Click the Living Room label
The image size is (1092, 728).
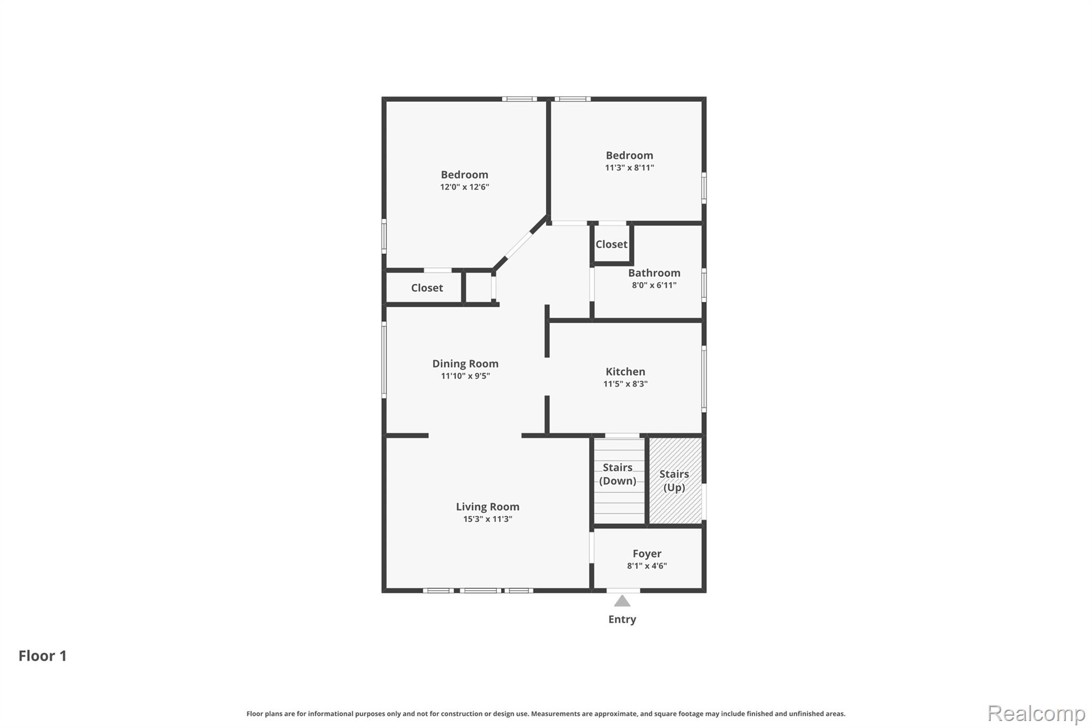pos(487,507)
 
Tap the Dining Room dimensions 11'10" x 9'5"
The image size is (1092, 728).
pos(465,376)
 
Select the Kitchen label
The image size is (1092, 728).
pos(625,371)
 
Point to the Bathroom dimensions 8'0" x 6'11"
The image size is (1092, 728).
pos(654,285)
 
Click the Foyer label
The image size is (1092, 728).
pos(647,554)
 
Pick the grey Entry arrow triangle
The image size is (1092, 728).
pos(622,601)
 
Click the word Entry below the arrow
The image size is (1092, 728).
pos(622,619)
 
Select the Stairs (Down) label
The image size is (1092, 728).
pos(617,474)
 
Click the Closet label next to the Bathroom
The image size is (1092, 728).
pos(611,244)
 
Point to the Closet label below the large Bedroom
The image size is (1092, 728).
pos(427,288)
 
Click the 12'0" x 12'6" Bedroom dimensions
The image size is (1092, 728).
pos(464,187)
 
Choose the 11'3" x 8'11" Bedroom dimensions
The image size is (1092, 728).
pos(629,167)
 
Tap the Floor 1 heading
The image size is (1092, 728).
pos(43,656)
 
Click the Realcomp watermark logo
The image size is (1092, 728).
pos(1036,713)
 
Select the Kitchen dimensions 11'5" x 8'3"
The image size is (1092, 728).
pos(625,384)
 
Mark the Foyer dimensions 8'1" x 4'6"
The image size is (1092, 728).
pos(647,566)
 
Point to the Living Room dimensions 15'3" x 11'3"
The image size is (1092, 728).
pos(487,519)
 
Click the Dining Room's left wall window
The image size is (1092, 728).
pos(384,359)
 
